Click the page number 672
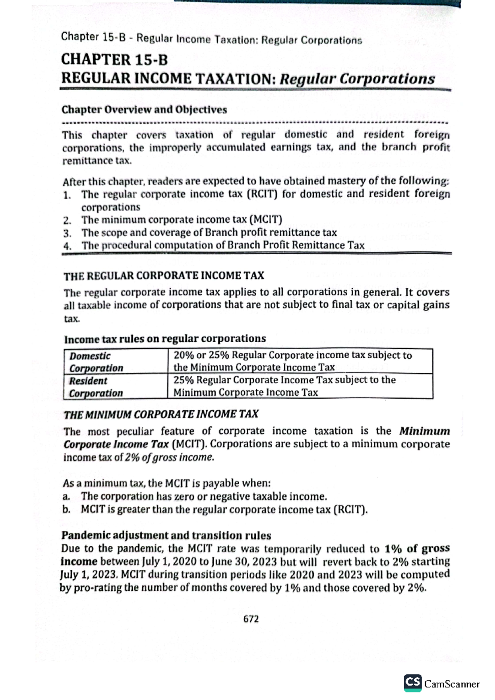pyautogui.click(x=251, y=619)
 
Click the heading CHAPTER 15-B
pyautogui.click(x=114, y=60)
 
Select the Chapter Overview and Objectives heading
pyautogui.click(x=144, y=110)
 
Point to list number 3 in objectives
pyautogui.click(x=67, y=233)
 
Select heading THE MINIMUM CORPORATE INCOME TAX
pyautogui.click(x=161, y=414)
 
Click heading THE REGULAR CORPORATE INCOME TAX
pyautogui.click(x=163, y=275)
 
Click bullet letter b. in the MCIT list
pyautogui.click(x=66, y=510)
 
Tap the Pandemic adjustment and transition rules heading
pyautogui.click(x=166, y=536)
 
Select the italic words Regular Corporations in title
pyautogui.click(x=357, y=79)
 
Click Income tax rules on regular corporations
pyautogui.click(x=165, y=339)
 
